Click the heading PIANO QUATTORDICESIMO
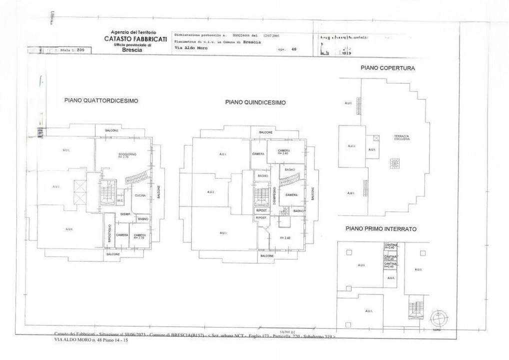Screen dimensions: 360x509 101,100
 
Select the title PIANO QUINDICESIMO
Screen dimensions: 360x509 255,102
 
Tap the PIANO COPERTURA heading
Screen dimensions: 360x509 387,67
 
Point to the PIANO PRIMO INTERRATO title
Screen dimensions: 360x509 381,228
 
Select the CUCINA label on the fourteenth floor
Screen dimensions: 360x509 140,195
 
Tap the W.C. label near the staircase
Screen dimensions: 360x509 119,200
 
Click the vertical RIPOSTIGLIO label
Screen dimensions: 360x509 109,233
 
